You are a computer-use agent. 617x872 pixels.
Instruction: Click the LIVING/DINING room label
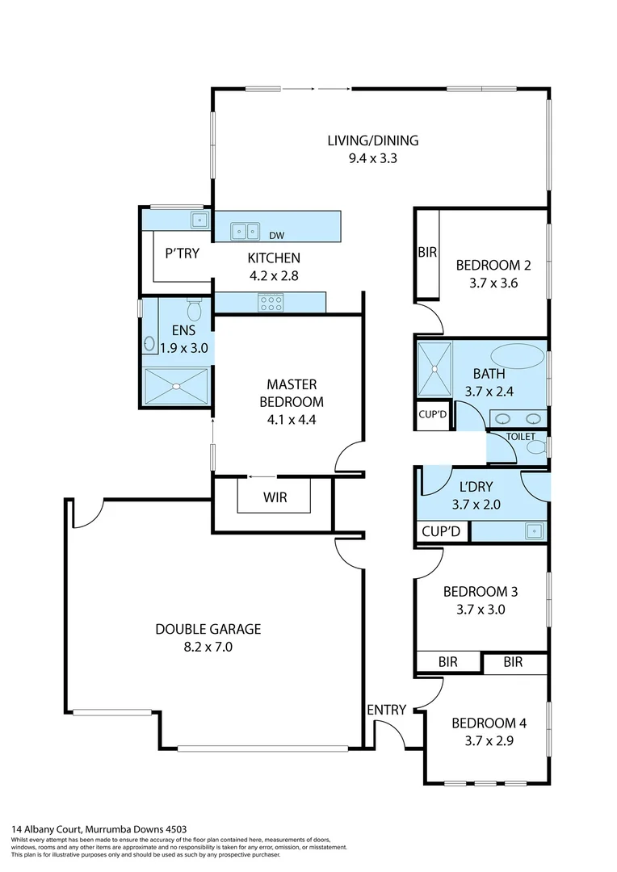[x=372, y=140]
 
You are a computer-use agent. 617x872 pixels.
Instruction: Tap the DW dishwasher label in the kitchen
[x=276, y=236]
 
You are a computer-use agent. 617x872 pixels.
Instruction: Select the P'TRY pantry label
[x=182, y=253]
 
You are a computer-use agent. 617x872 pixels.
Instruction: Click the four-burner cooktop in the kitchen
[x=271, y=303]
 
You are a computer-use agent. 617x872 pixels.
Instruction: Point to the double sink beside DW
[x=245, y=231]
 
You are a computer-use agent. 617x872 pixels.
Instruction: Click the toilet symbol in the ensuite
[x=194, y=309]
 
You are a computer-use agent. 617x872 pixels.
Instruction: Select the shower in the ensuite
[x=175, y=385]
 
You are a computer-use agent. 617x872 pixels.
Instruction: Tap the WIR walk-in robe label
[x=275, y=497]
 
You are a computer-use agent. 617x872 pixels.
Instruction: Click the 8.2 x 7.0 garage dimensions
[x=208, y=646]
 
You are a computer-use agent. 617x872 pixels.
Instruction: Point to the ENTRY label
[x=386, y=710]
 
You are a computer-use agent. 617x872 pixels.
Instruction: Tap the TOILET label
[x=520, y=436]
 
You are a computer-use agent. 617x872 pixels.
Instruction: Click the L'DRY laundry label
[x=475, y=487]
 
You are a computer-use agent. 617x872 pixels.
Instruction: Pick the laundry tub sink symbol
[x=532, y=530]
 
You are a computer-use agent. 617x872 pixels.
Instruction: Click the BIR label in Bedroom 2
[x=427, y=253]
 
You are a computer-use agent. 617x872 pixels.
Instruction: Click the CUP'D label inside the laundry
[x=441, y=531]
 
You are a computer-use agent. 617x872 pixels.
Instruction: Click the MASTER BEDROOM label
[x=291, y=393]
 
